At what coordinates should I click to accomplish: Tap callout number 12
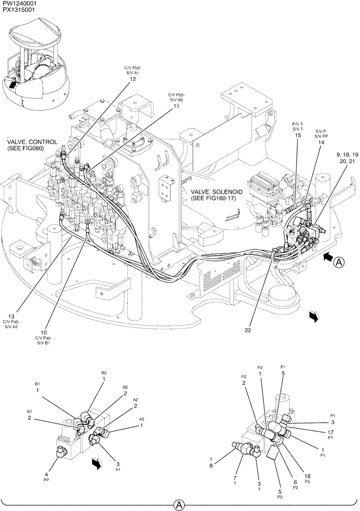[132, 79]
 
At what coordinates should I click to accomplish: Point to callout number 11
[176, 106]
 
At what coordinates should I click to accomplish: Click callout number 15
[298, 135]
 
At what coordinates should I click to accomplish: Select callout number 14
[321, 143]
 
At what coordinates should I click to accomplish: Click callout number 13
[11, 315]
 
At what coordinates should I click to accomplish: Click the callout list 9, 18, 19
[347, 154]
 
